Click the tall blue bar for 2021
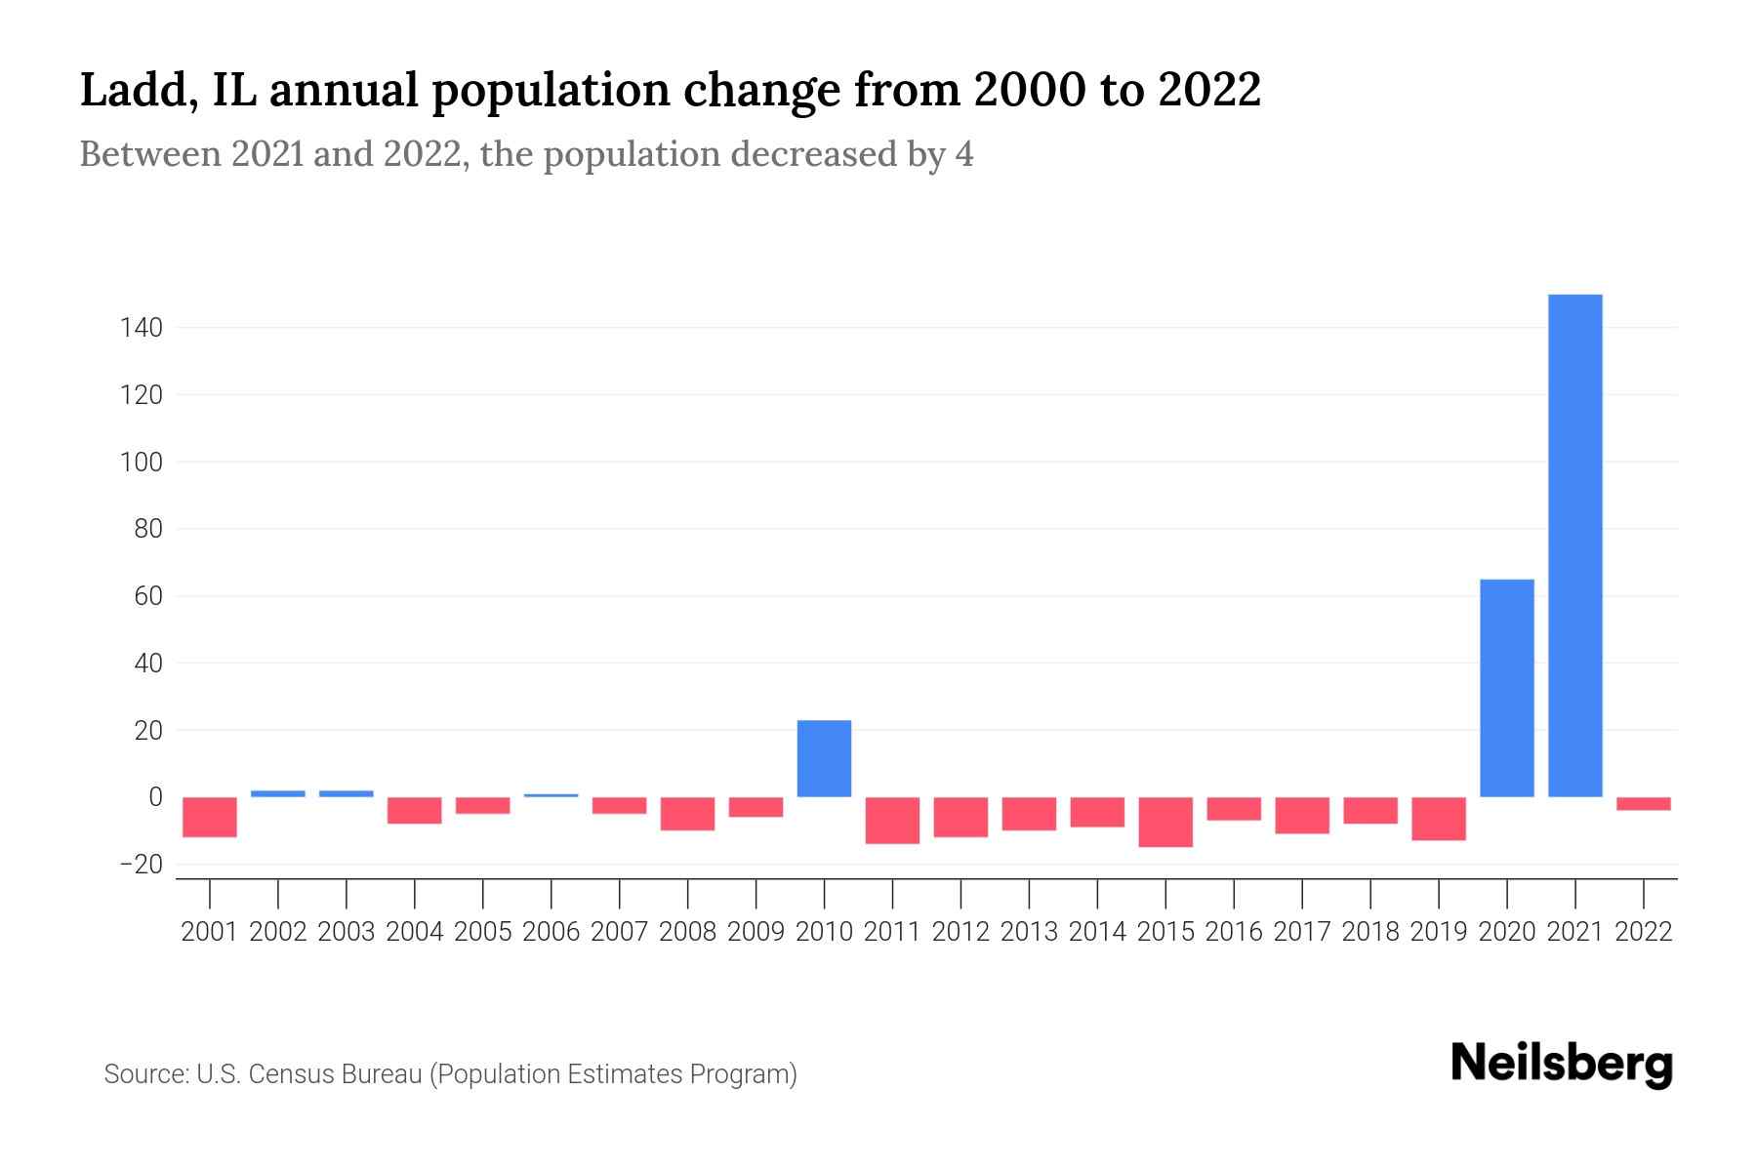click(x=1574, y=546)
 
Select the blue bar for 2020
click(x=1506, y=688)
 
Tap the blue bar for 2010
click(x=824, y=758)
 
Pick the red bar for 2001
click(x=210, y=817)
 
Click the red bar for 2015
click(x=1165, y=822)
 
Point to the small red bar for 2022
click(x=1643, y=804)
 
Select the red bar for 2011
click(x=892, y=820)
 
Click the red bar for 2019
click(x=1438, y=819)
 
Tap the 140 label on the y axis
click(x=141, y=328)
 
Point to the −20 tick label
click(x=141, y=865)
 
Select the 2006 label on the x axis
click(x=551, y=932)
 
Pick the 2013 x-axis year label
click(x=1029, y=932)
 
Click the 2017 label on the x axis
click(x=1301, y=932)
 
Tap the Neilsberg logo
click(x=1562, y=1064)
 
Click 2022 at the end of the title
click(x=1208, y=91)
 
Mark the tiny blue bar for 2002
click(x=278, y=793)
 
